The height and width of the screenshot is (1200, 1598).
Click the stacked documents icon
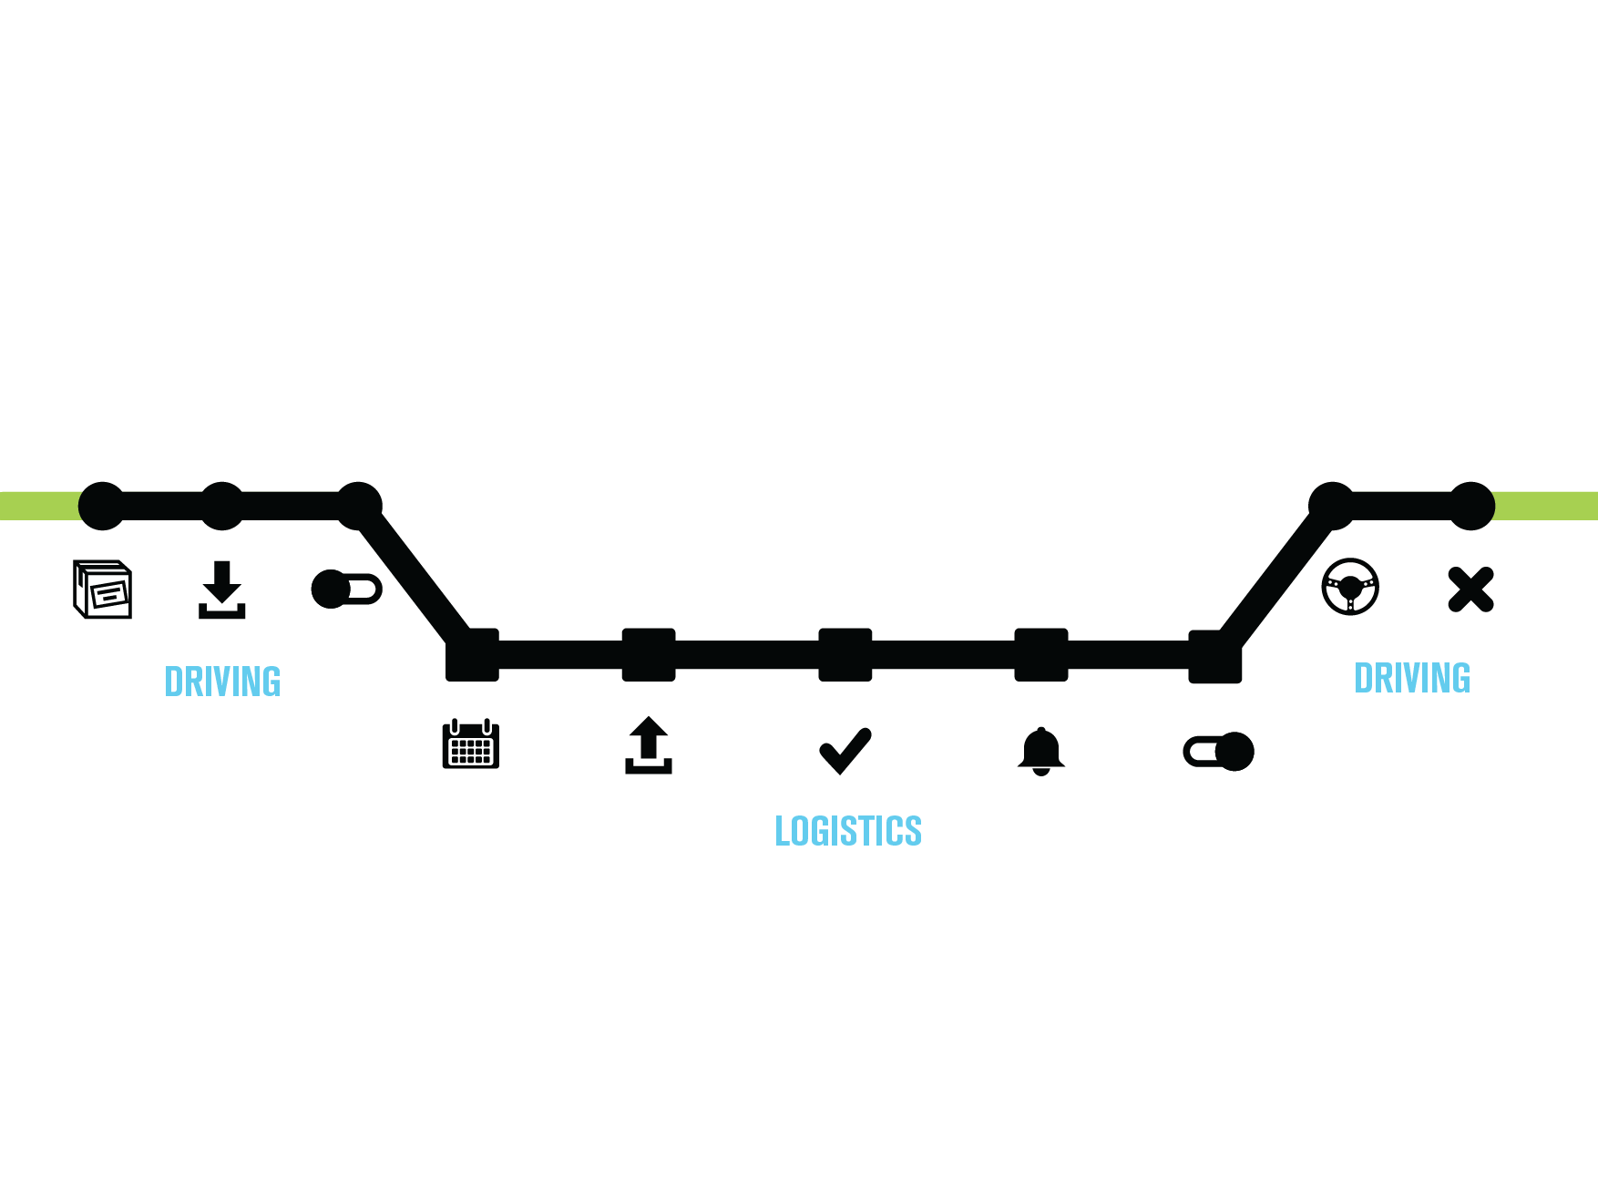pyautogui.click(x=103, y=590)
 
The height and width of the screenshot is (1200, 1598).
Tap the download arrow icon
pyautogui.click(x=222, y=590)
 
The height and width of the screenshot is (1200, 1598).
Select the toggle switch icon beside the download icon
pyautogui.click(x=346, y=590)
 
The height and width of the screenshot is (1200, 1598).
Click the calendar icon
pyautogui.click(x=471, y=744)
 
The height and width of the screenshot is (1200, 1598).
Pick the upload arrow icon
pyautogui.click(x=649, y=745)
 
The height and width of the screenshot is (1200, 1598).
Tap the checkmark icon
pyautogui.click(x=845, y=750)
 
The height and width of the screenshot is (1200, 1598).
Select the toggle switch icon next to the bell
pyautogui.click(x=1219, y=752)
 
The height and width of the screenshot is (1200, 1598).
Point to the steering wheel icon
pyautogui.click(x=1350, y=587)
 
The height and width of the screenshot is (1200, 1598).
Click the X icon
pyautogui.click(x=1470, y=589)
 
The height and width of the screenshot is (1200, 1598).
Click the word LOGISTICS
pyautogui.click(x=848, y=831)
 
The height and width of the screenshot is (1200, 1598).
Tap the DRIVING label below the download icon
pyautogui.click(x=222, y=682)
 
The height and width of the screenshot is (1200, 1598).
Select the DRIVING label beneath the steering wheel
pyautogui.click(x=1412, y=678)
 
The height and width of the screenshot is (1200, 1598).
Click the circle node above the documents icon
pyautogui.click(x=102, y=506)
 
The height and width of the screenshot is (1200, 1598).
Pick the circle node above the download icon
pyautogui.click(x=221, y=506)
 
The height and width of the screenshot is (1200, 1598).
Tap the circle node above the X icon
pyautogui.click(x=1471, y=506)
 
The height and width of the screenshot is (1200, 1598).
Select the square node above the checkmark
pyautogui.click(x=845, y=654)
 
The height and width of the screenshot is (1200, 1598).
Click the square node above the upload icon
pyautogui.click(x=649, y=654)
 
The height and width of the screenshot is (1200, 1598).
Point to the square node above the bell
pyautogui.click(x=1041, y=654)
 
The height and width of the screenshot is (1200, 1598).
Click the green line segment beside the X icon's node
pyautogui.click(x=1545, y=506)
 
